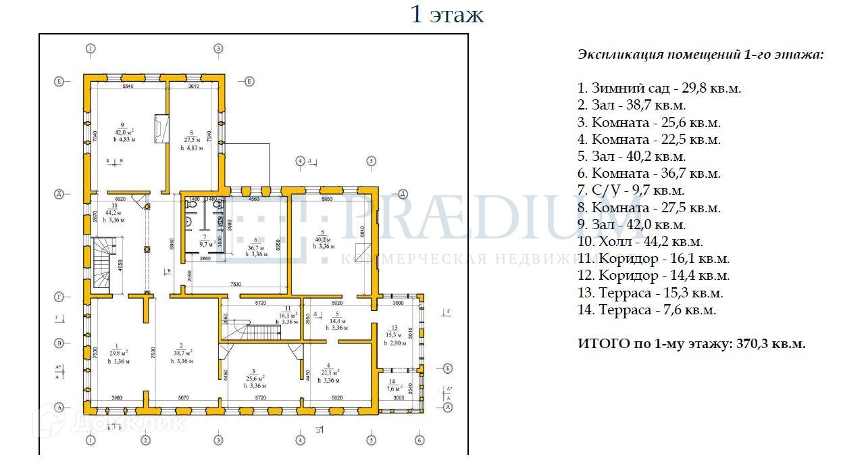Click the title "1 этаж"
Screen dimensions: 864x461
click(x=447, y=15)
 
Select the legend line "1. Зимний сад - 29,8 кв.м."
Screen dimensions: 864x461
click(x=659, y=88)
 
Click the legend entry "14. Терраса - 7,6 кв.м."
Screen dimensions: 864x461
click(x=646, y=310)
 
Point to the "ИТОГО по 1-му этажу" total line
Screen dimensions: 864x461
click(x=692, y=343)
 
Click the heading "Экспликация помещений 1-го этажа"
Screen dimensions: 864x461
click(x=701, y=55)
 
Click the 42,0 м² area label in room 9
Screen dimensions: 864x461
click(x=124, y=132)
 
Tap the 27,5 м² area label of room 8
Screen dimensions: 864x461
click(x=192, y=134)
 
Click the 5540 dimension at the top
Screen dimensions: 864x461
click(x=128, y=87)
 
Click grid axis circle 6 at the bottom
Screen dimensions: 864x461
click(x=420, y=440)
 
